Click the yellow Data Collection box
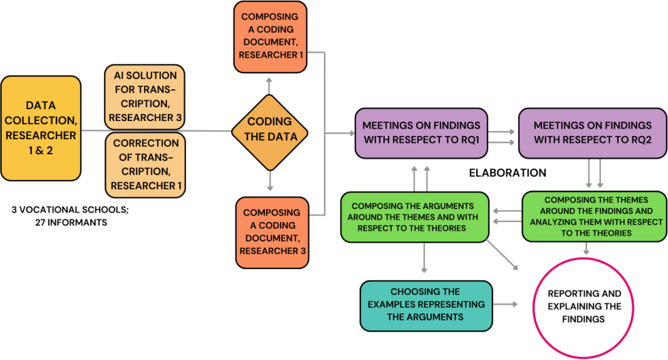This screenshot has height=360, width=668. coord(41,128)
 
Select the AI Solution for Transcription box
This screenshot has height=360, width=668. coord(145,97)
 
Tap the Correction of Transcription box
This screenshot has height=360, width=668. coord(145,164)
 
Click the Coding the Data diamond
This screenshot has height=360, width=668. coord(270,133)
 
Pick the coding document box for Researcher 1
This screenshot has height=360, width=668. coord(270,36)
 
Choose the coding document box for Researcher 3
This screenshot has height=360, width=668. coord(272,232)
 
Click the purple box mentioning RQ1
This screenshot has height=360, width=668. coord(421,133)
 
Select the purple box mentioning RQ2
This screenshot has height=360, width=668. coord(592,133)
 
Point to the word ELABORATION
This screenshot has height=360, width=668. coord(507,173)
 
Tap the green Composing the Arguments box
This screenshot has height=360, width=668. coord(414,217)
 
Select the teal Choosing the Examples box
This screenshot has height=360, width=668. coord(426,305)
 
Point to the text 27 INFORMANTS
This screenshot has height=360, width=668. coord(71,223)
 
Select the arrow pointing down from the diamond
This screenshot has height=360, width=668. coord(270,182)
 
